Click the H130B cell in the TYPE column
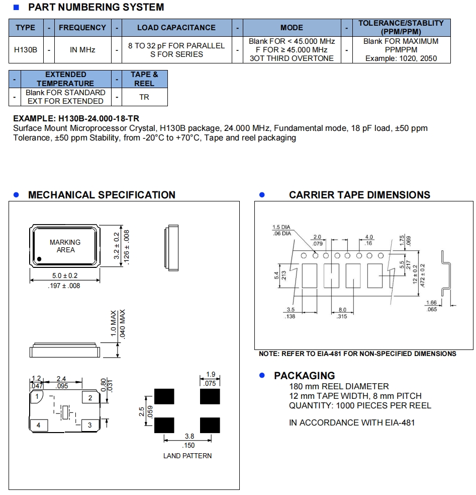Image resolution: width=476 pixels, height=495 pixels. pos(25,50)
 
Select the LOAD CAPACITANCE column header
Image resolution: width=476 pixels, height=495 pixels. pos(176,28)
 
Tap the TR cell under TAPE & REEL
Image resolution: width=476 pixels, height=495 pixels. pos(144,97)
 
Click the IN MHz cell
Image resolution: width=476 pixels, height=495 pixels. pos(82,50)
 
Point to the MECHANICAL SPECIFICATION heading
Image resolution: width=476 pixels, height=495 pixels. pos(102,195)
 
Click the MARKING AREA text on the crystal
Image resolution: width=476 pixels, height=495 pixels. pos(65,246)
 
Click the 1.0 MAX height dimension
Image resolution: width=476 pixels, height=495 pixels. pos(114,324)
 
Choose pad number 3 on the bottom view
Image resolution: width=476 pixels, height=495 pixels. pos(90,425)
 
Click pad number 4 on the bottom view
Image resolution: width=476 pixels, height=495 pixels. pos(39,426)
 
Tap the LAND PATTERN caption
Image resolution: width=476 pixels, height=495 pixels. pos(187,456)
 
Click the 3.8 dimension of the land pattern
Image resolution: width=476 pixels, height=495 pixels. pos(189,436)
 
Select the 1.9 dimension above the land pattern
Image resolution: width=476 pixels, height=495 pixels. pos(211,374)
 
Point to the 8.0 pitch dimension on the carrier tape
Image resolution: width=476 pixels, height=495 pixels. pos(343,310)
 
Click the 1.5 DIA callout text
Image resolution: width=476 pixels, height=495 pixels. pos(281,227)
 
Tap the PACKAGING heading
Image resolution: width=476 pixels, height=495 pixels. pos(304,376)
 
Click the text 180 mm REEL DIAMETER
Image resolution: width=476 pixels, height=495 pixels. pos(339,386)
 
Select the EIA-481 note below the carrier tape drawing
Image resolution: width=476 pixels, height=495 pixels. pos(357,354)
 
